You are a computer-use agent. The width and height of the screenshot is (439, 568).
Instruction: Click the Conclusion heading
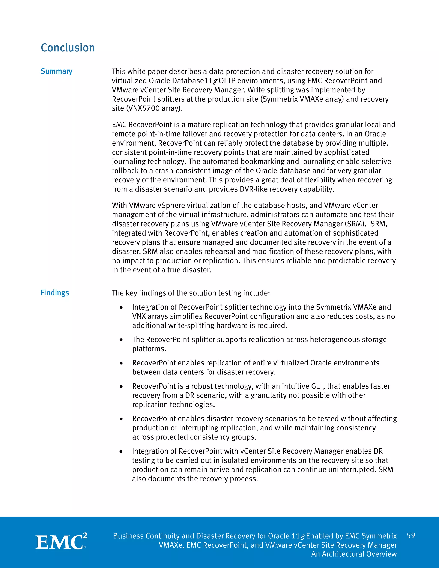click(x=68, y=48)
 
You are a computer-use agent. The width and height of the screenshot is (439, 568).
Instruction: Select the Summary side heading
click(x=56, y=71)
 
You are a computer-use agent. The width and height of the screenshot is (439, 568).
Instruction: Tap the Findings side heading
click(x=55, y=293)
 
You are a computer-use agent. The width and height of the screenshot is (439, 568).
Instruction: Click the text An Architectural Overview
click(x=354, y=554)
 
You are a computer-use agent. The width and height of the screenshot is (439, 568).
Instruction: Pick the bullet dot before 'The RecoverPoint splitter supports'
click(x=121, y=340)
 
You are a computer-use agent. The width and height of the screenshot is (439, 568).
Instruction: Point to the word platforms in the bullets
click(x=149, y=349)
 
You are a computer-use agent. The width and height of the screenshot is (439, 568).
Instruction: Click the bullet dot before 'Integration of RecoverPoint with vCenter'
click(x=121, y=451)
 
